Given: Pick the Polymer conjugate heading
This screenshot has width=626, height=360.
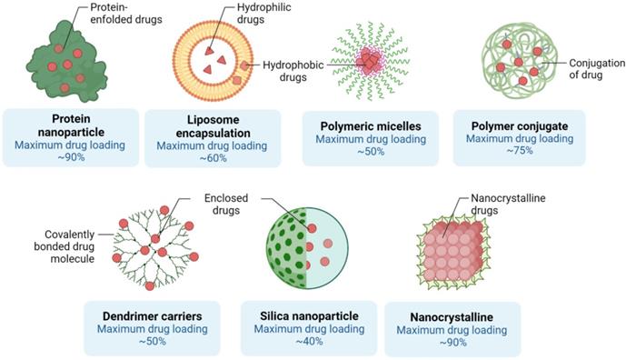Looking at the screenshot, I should [518, 125].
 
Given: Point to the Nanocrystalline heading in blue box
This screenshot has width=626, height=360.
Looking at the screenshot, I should [452, 316].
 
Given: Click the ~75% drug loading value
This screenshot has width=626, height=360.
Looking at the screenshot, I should [518, 153].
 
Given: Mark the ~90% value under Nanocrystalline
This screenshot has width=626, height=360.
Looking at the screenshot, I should [452, 343].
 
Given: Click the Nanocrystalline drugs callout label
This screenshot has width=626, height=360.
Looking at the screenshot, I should [507, 203].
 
